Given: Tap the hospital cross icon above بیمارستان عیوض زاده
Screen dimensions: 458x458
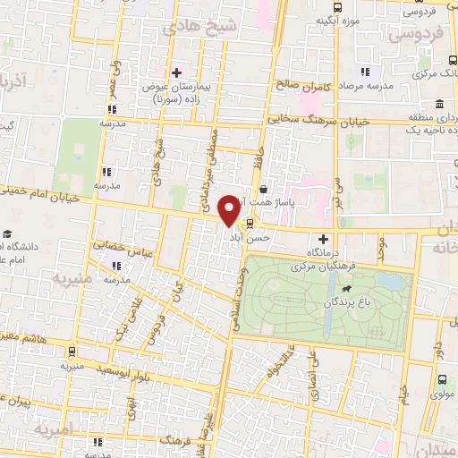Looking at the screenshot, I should point(176,72).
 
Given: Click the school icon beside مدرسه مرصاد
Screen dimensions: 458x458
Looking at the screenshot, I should point(364,72).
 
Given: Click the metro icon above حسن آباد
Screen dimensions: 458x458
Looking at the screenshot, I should point(250,224).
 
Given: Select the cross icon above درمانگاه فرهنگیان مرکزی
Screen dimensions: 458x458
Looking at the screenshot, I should point(324,239).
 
